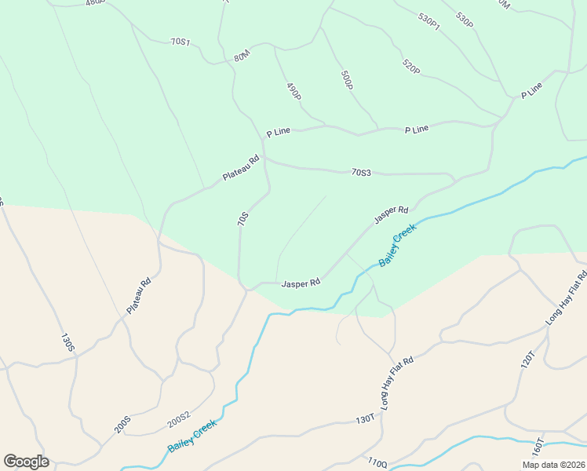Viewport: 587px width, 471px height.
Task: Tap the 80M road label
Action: click(241, 57)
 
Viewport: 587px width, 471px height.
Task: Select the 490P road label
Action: click(293, 91)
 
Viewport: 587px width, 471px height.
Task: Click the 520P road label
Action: click(410, 67)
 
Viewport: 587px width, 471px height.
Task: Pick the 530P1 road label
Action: click(429, 21)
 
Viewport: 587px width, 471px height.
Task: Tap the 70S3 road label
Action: click(361, 172)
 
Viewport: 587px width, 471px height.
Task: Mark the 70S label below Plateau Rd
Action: click(243, 220)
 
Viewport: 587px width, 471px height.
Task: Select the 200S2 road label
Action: click(179, 421)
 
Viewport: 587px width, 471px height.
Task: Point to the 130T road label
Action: click(364, 420)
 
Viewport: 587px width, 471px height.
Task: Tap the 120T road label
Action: click(527, 360)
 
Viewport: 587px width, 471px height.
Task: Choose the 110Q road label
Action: click(377, 463)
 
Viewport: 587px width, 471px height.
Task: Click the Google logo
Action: click(26, 462)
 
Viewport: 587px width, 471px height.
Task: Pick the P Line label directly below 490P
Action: click(279, 133)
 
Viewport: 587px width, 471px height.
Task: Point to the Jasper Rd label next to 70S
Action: click(301, 283)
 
